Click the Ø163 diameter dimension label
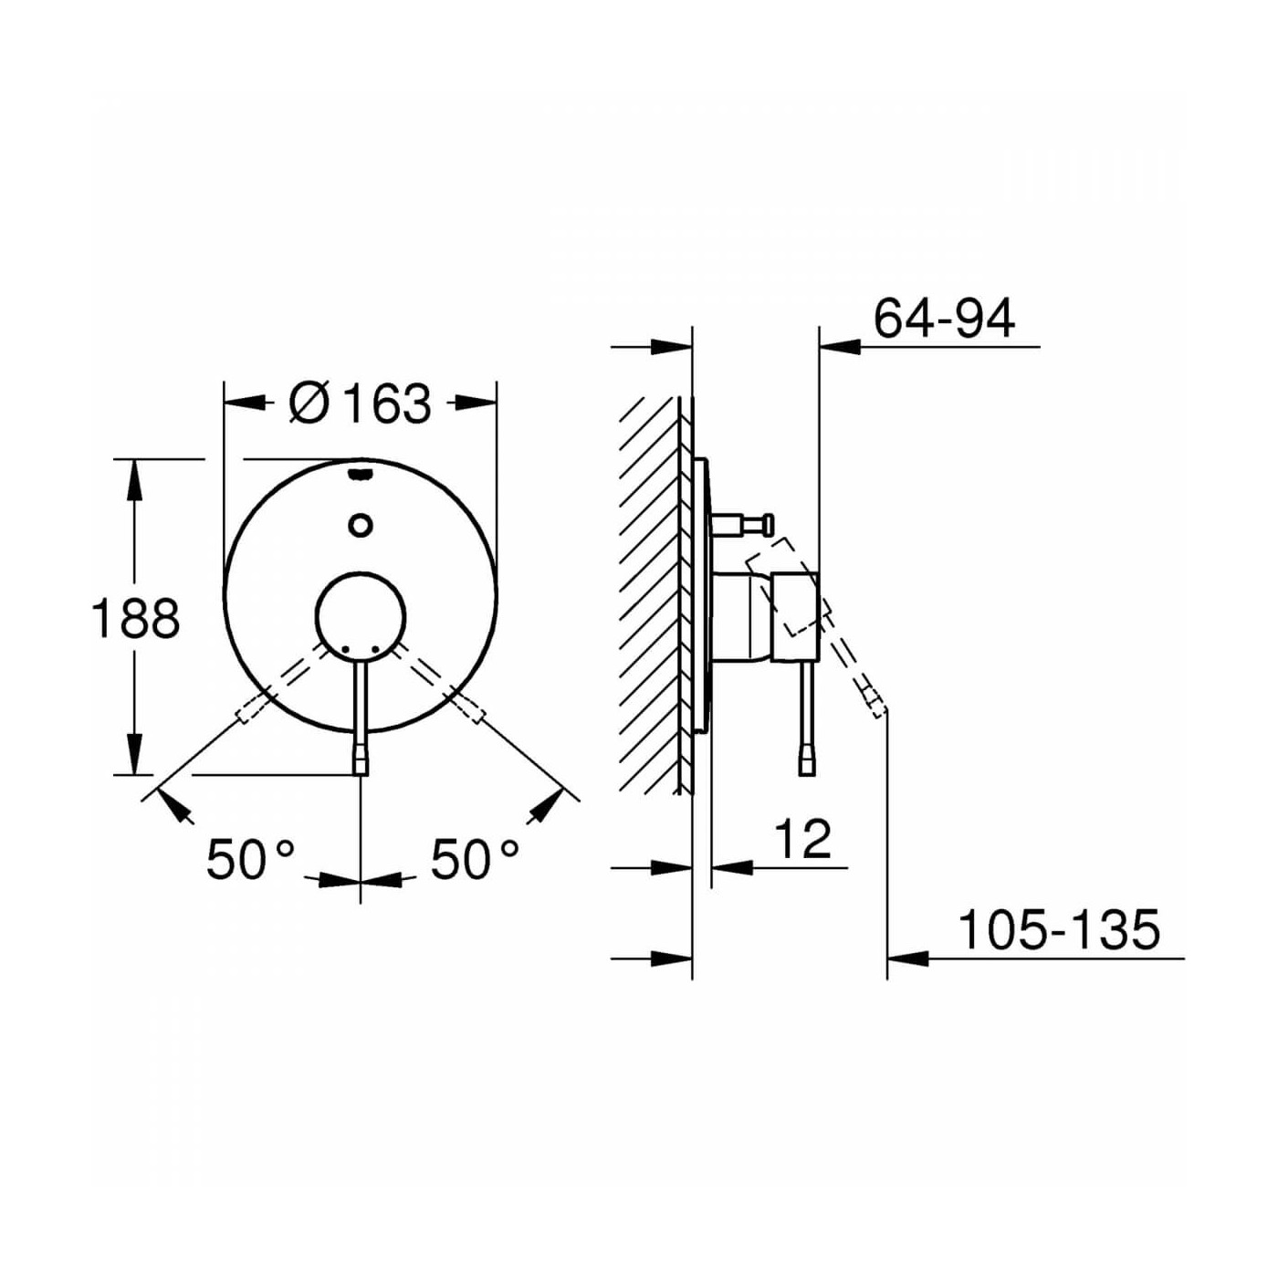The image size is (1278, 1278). (360, 403)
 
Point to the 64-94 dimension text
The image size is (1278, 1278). (944, 319)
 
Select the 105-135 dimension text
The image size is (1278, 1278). (1058, 930)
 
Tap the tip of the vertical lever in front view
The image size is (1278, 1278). (361, 761)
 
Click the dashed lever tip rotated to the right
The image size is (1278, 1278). (472, 711)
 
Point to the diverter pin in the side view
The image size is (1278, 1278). (744, 524)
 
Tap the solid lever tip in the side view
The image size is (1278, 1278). (806, 761)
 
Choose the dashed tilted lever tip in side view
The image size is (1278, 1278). (875, 703)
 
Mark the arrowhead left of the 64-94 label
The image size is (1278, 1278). (840, 347)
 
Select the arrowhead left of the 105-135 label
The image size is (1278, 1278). (907, 958)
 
